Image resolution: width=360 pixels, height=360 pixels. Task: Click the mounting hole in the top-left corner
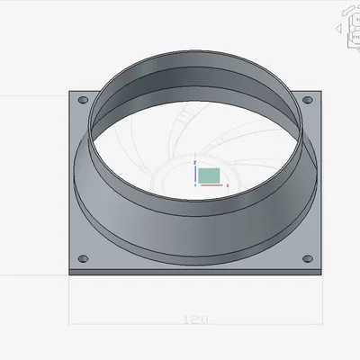click(84, 100)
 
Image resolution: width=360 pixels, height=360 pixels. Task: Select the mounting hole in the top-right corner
click(307, 99)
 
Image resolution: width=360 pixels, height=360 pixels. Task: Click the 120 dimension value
click(195, 319)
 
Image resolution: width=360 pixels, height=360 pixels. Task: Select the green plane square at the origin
click(209, 175)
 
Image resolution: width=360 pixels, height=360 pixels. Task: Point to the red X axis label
click(228, 185)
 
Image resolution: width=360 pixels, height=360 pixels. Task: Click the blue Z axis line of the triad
click(196, 174)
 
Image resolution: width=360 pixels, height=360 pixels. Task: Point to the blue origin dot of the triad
click(196, 184)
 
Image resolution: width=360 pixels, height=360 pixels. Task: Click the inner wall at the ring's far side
click(195, 78)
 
